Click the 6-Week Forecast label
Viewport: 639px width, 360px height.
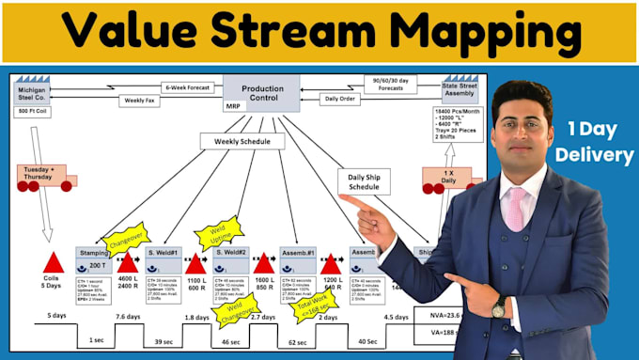pyautogui.click(x=186, y=86)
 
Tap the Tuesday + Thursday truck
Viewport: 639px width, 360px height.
pyautogui.click(x=39, y=176)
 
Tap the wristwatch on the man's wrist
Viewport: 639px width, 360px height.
pyautogui.click(x=498, y=307)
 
